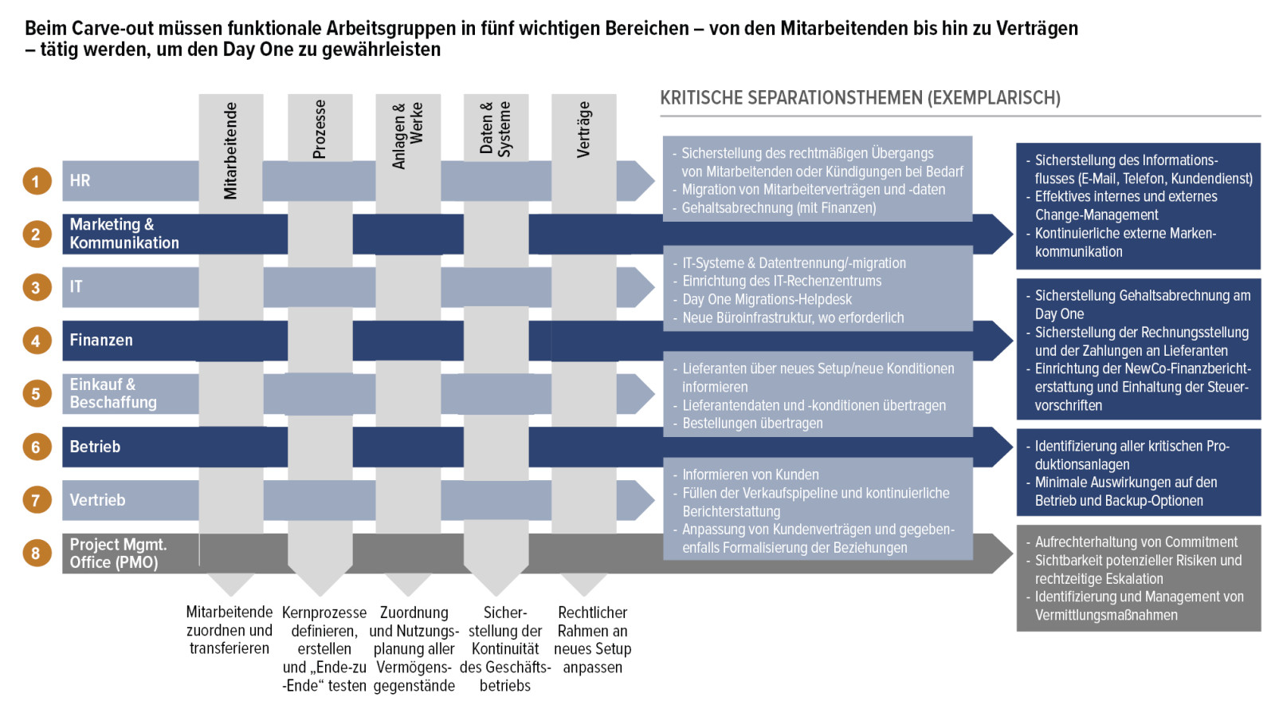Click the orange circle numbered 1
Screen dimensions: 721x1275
point(36,181)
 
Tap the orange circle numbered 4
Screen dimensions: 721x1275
point(36,341)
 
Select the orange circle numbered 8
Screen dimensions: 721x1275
point(36,553)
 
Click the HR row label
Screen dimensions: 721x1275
point(80,181)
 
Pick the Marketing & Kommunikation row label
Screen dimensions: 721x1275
point(124,234)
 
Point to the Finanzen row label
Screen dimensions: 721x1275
point(101,341)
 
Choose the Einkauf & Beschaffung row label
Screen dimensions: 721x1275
point(113,393)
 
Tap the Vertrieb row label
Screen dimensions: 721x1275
point(97,500)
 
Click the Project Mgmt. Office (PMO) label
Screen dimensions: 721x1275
point(117,553)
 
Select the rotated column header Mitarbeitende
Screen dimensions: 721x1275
point(230,150)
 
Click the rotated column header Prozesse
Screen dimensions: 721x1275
point(320,129)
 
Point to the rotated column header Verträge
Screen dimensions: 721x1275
point(583,129)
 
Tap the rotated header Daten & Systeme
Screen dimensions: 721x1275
point(495,128)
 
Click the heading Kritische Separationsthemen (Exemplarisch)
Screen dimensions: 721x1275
point(860,98)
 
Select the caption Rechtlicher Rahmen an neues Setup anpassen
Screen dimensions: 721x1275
point(592,640)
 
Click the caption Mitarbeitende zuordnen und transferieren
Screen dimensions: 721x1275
point(229,630)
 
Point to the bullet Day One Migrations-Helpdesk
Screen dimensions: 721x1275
point(767,300)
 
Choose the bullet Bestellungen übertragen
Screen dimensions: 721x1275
point(752,424)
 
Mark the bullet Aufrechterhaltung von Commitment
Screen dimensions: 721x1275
point(1136,542)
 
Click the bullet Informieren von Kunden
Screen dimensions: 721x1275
point(750,475)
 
